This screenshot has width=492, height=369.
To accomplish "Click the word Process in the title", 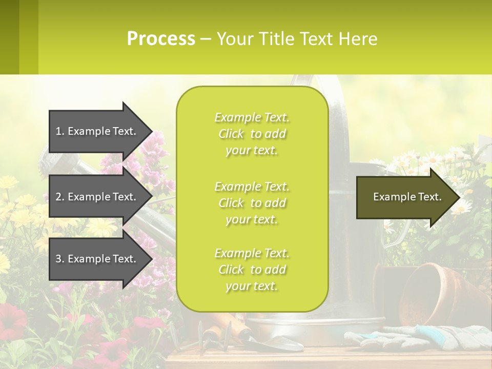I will coord(161,39).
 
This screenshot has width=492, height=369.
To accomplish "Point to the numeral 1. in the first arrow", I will coord(59,131).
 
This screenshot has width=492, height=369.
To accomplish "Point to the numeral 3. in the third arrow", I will coord(59,259).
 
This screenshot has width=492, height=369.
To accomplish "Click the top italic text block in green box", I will coord(252,134).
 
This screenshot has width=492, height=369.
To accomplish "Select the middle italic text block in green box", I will coord(252,203).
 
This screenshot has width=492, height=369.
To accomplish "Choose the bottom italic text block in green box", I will coord(252,270).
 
